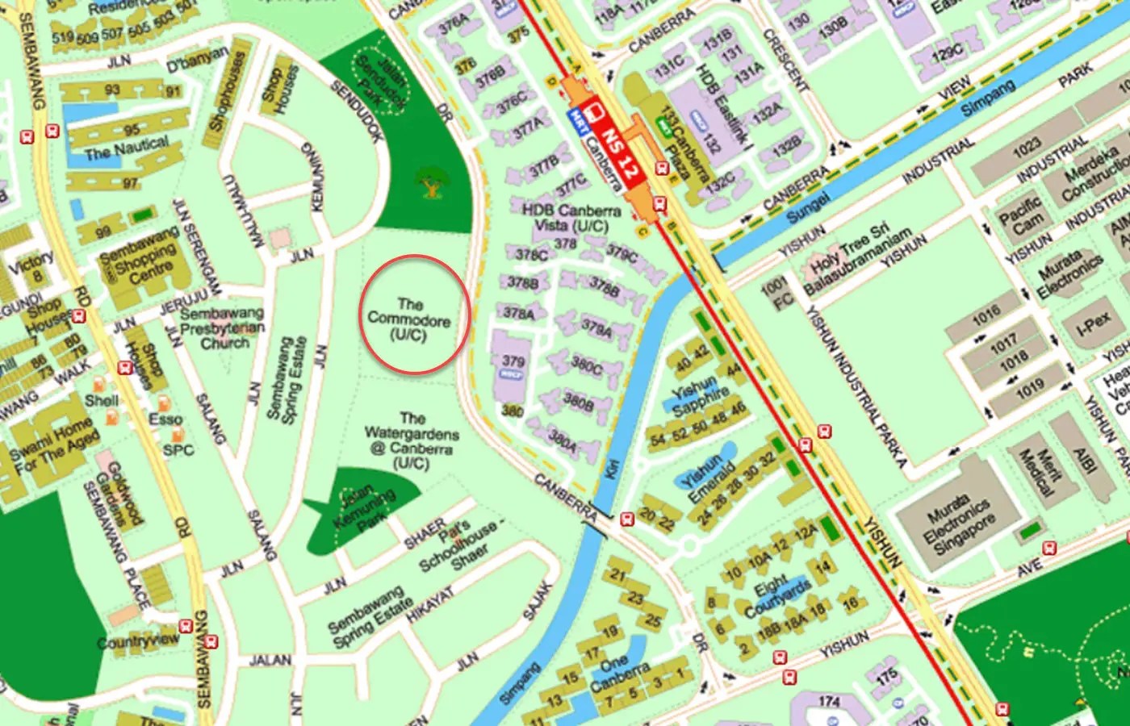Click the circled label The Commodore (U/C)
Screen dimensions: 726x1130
click(409, 319)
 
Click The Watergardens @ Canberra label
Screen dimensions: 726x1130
click(411, 440)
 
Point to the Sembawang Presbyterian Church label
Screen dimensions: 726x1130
click(222, 328)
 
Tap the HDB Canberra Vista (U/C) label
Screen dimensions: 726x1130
click(571, 218)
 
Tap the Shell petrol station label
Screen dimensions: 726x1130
click(102, 400)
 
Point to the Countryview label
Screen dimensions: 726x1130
click(138, 642)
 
